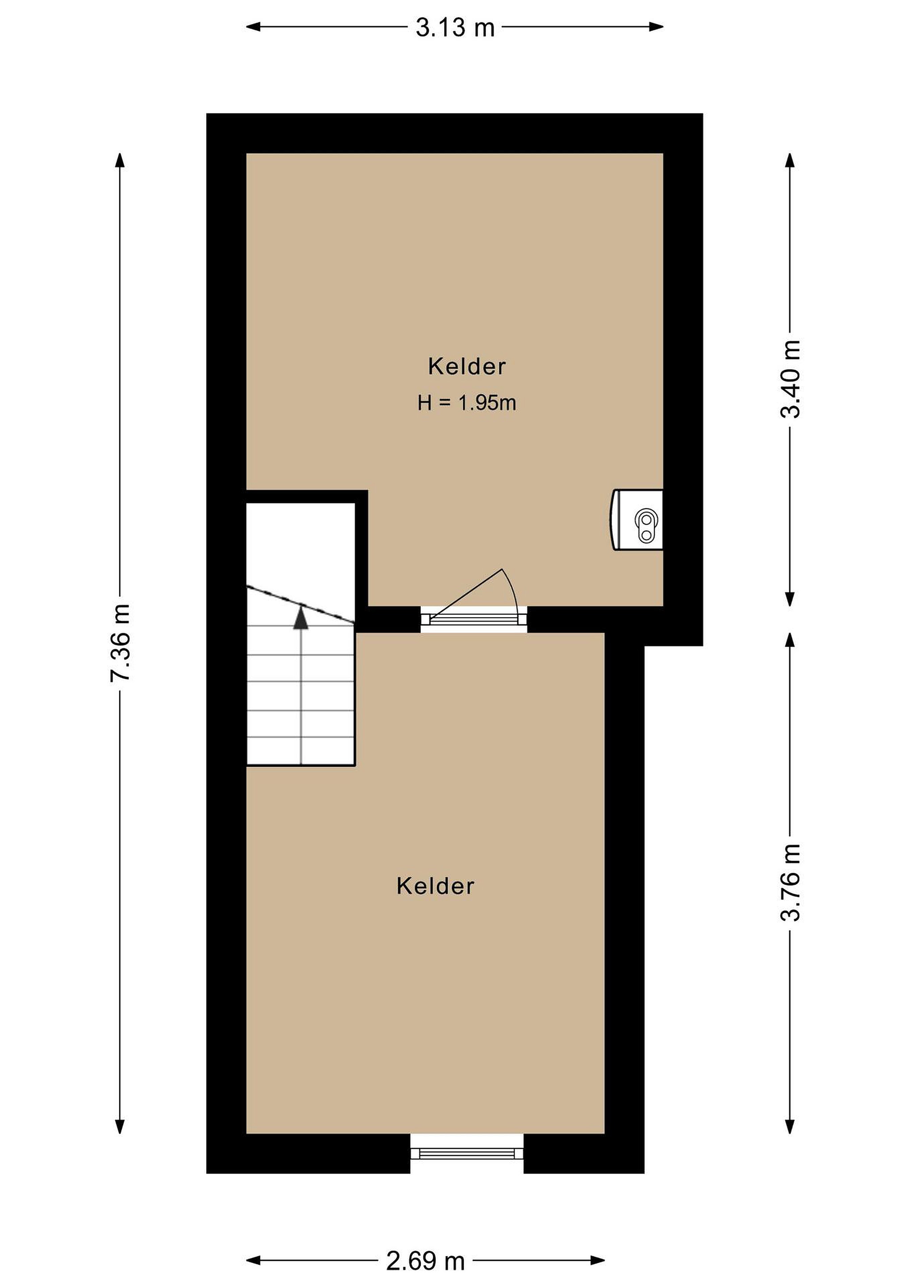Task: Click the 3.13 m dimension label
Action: (455, 27)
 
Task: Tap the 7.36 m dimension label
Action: (121, 642)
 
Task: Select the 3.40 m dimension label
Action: (791, 379)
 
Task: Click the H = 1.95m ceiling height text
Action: (467, 403)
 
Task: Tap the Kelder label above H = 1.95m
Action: (467, 366)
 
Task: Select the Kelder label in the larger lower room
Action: (436, 886)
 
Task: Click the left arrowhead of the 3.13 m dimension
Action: (254, 26)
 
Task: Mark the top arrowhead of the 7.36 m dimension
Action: (120, 160)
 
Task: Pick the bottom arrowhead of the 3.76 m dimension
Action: (790, 1127)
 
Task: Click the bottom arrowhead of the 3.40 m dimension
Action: (790, 599)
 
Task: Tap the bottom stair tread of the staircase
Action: (301, 752)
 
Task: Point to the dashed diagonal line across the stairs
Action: (301, 604)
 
